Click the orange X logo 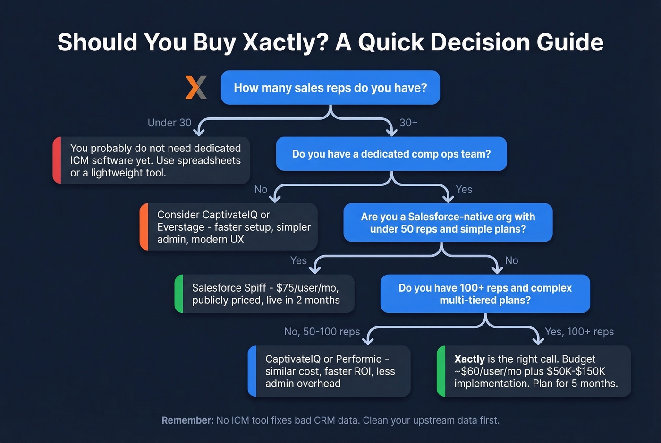196,87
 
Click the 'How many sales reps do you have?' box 330,88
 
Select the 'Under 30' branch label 169,123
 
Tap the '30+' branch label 408,123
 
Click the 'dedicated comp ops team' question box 391,154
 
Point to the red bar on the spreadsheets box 57,160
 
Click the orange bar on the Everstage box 144,227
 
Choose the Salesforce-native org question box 448,223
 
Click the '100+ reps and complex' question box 485,294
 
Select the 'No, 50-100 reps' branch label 322,332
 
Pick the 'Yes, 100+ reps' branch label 579,332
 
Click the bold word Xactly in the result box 469,359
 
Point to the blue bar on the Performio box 252,371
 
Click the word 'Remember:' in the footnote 187,420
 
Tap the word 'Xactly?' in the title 285,42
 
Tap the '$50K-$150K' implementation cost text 576,371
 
